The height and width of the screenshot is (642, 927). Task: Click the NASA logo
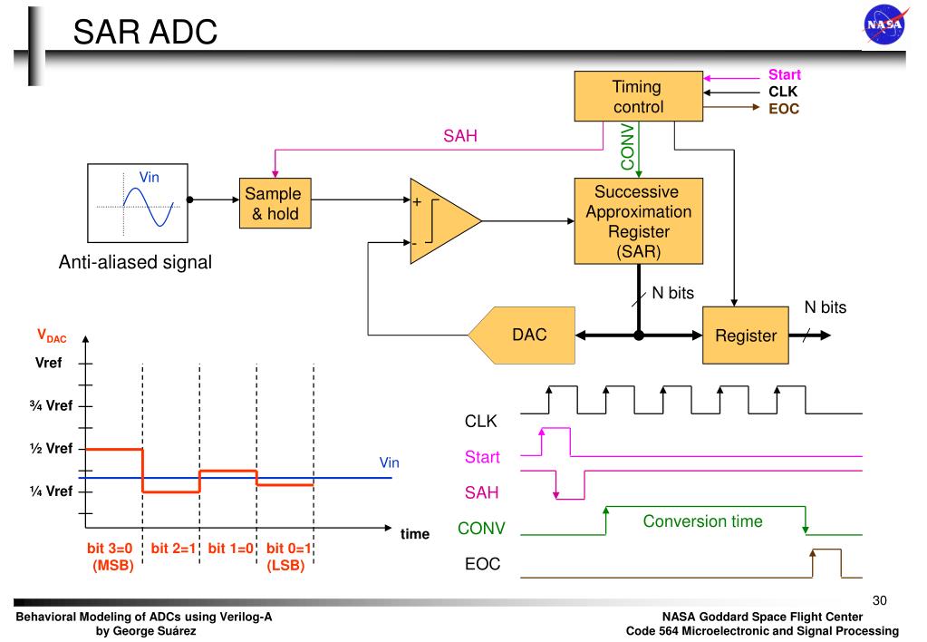tap(885, 24)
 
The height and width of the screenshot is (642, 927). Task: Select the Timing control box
tap(639, 96)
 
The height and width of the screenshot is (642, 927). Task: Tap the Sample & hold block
tap(275, 203)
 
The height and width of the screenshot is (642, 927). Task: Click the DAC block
tap(522, 335)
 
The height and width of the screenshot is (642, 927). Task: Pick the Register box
tap(746, 335)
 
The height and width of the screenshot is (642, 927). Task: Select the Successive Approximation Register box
tap(639, 220)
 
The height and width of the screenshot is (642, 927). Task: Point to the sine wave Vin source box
tap(138, 203)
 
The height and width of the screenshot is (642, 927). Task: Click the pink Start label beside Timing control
tap(784, 74)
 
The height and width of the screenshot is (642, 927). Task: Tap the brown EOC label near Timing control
tap(784, 109)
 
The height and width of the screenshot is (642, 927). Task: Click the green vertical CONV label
tap(627, 147)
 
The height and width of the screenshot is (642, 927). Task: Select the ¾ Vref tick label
tap(51, 406)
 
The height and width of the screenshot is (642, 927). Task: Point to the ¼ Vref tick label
tap(51, 491)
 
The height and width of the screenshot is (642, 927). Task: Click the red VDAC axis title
tap(52, 336)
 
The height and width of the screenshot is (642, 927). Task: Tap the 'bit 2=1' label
tap(173, 549)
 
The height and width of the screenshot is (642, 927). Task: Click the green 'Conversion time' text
tap(702, 521)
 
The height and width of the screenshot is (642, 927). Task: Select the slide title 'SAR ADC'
tap(145, 32)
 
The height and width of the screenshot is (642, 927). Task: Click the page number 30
tap(879, 600)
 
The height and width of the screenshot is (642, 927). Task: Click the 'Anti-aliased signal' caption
tap(135, 262)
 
